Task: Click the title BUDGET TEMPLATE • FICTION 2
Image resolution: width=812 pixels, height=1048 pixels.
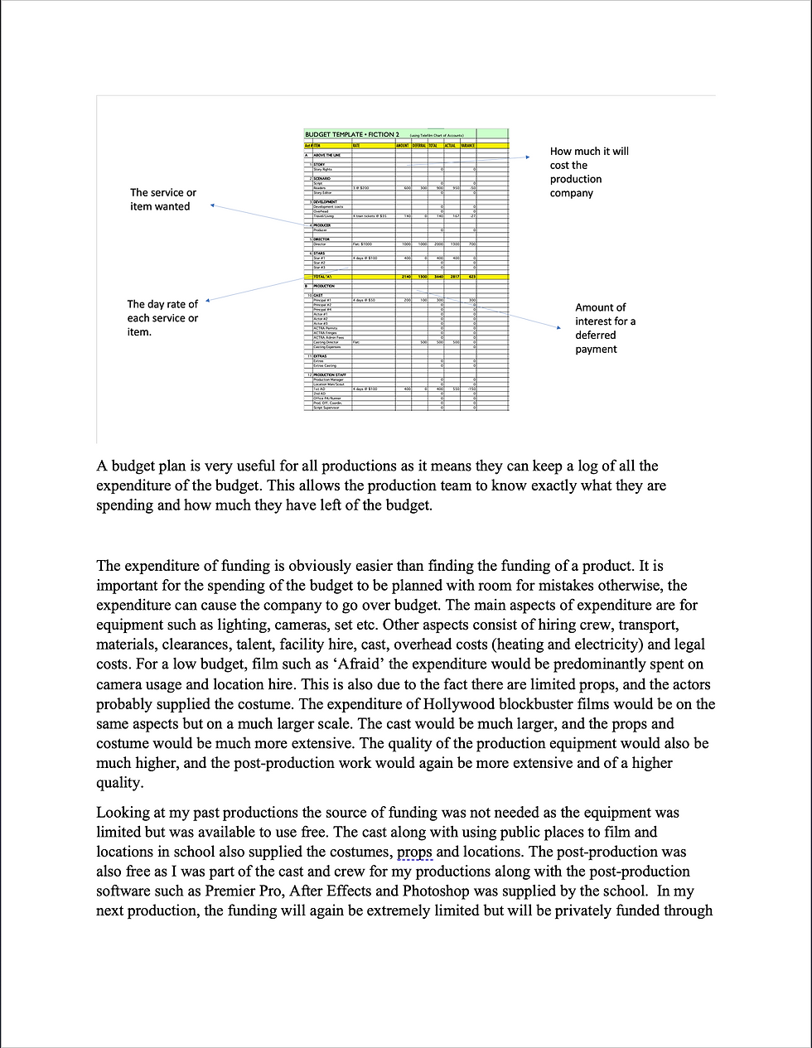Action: click(351, 134)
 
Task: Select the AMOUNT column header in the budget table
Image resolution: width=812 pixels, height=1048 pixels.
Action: click(404, 146)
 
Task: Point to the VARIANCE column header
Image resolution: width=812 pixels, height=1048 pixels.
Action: click(467, 146)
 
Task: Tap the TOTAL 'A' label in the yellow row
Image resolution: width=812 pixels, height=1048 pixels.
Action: click(322, 277)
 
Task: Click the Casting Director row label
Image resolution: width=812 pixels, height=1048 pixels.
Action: click(326, 342)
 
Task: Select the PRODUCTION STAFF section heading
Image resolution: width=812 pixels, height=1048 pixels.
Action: click(331, 374)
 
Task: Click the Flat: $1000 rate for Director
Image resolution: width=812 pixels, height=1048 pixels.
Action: click(363, 244)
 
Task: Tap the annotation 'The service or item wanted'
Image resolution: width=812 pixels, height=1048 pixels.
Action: click(163, 200)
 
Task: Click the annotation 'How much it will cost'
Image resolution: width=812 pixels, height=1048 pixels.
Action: click(589, 172)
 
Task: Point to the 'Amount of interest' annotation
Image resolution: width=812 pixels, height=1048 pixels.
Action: click(605, 328)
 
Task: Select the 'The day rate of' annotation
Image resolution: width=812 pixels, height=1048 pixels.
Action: click(162, 318)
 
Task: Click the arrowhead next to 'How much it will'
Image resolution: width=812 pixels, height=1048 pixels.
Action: click(526, 157)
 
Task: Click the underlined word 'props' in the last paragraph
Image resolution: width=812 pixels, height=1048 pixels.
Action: click(414, 852)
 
